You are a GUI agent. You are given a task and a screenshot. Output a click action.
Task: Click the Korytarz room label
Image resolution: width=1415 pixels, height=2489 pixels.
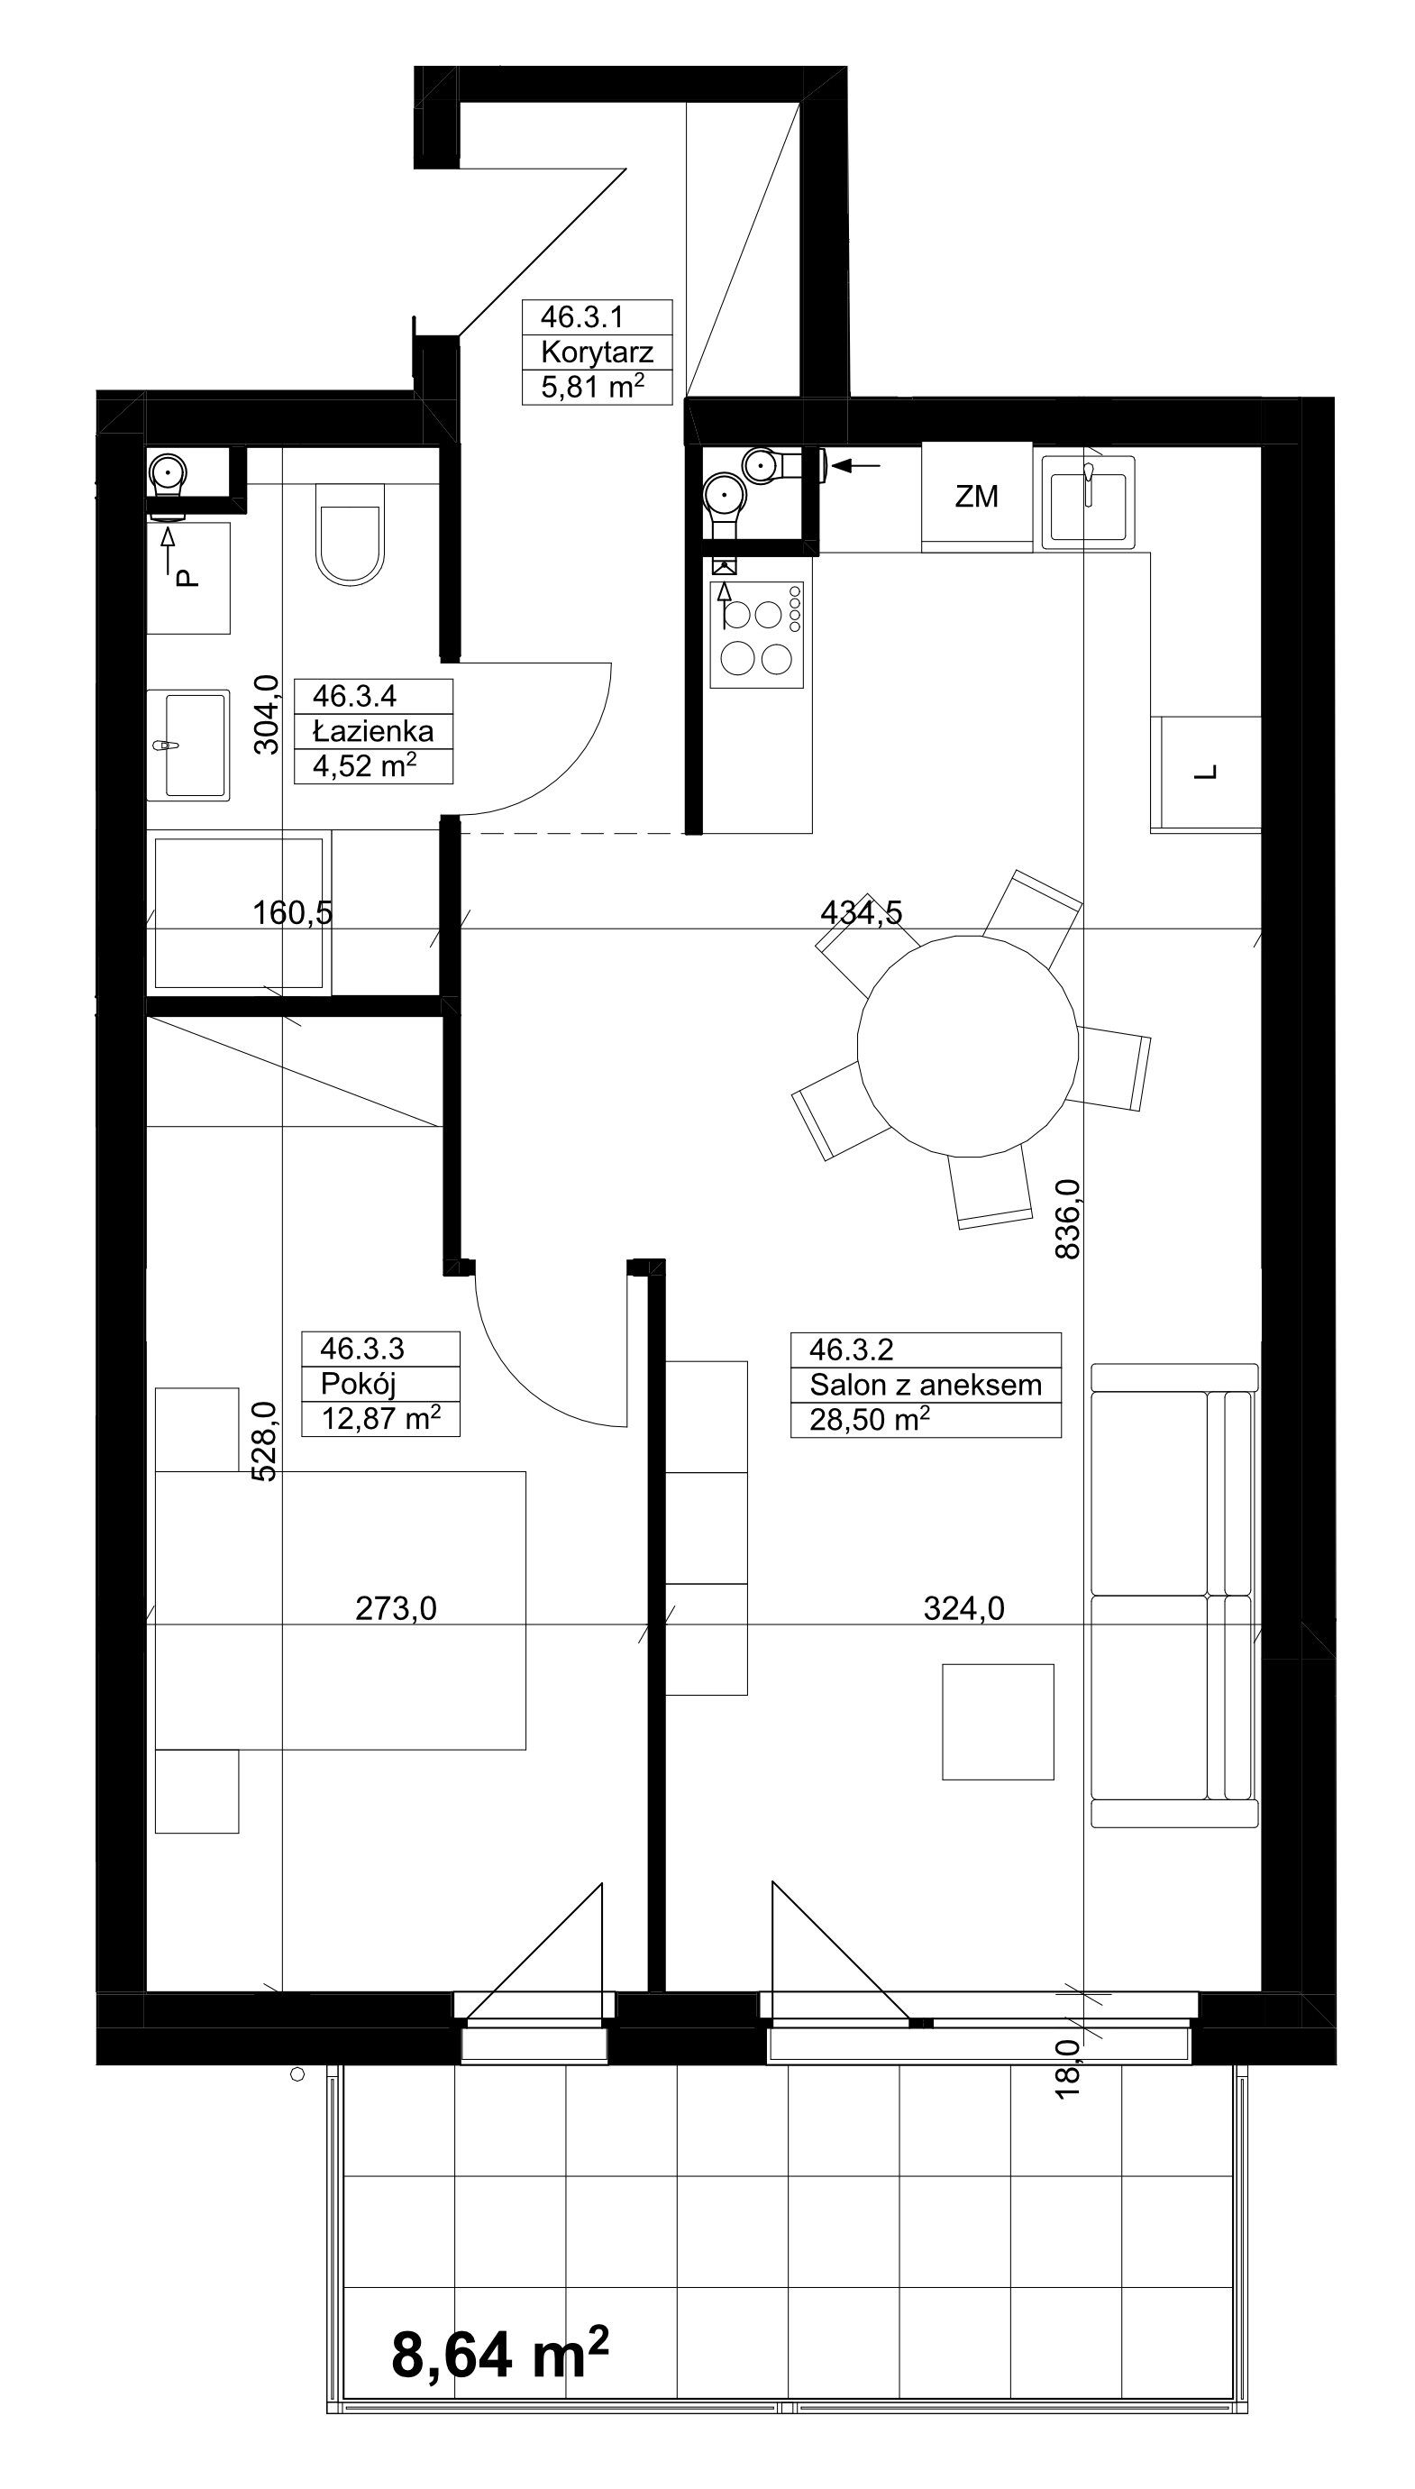(x=597, y=352)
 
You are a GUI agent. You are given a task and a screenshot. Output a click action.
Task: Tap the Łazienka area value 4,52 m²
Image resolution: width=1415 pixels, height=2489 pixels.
(x=364, y=766)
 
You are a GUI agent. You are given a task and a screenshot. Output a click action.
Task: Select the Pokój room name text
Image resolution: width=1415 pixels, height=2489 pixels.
(x=358, y=1384)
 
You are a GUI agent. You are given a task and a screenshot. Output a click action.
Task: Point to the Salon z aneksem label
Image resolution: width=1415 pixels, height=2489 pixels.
(x=926, y=1385)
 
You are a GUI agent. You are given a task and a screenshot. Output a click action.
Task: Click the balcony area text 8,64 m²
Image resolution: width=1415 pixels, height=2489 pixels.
(x=499, y=2354)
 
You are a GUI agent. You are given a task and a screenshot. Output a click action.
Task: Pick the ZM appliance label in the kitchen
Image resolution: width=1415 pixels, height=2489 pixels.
(x=977, y=497)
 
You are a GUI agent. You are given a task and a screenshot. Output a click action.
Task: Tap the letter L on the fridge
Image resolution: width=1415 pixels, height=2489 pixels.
(x=1206, y=773)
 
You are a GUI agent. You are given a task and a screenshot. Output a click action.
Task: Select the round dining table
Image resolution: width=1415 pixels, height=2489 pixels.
(x=968, y=1046)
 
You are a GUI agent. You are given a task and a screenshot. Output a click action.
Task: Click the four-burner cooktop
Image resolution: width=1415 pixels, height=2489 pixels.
(x=757, y=636)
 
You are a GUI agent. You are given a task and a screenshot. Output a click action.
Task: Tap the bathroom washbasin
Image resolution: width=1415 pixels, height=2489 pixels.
(x=188, y=746)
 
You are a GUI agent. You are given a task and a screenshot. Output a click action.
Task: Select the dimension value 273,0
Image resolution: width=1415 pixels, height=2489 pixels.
(x=396, y=1608)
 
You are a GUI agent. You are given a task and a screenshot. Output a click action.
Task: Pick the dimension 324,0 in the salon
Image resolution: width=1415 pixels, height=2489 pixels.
(x=963, y=1608)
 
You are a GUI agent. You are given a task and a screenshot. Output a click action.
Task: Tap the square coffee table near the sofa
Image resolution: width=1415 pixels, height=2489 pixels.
(x=998, y=1721)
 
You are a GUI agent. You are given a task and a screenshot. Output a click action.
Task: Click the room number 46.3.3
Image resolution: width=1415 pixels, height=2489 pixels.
(x=361, y=1348)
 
